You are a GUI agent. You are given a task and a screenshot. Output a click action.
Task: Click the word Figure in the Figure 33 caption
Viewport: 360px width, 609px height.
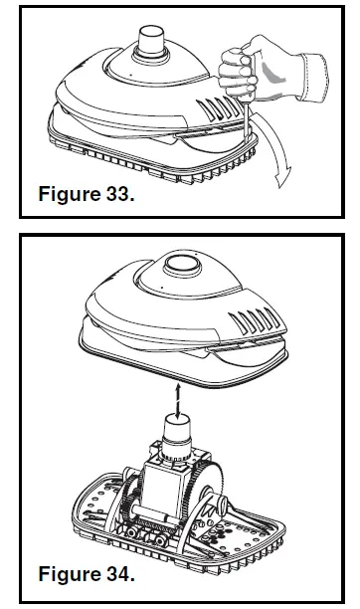tap(69, 193)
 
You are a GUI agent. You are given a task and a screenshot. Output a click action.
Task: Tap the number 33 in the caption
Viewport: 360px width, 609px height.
tap(115, 193)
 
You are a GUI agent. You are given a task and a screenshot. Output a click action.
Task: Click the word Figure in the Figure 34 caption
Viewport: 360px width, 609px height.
tap(69, 574)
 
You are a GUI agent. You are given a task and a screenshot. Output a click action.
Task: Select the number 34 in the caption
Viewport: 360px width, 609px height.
tap(115, 574)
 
